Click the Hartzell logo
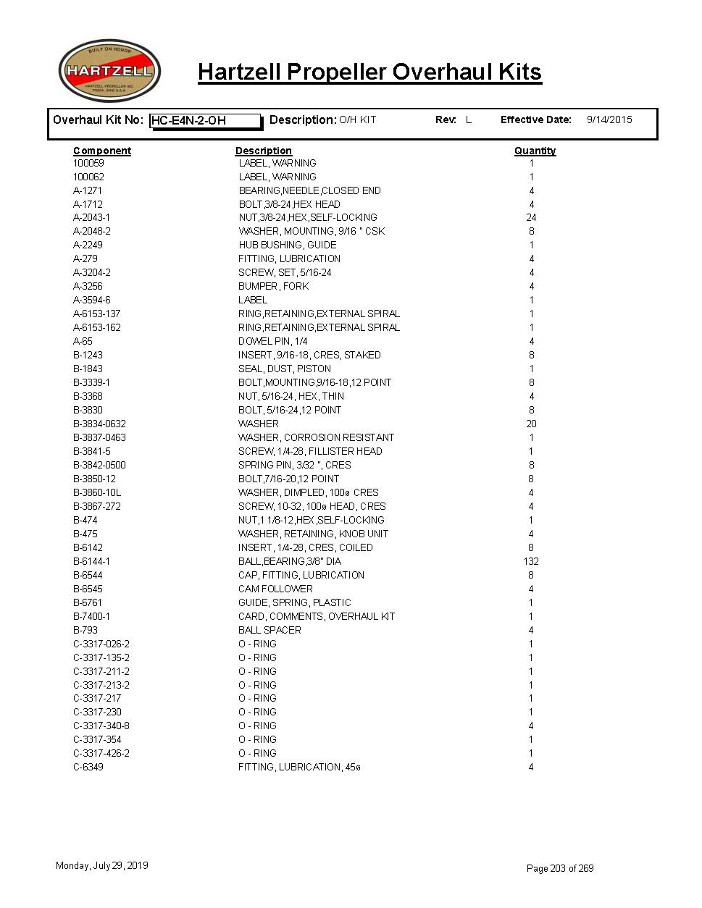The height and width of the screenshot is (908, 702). tap(109, 71)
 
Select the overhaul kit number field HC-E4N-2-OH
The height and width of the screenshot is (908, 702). tap(205, 121)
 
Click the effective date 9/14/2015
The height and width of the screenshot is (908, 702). tap(609, 119)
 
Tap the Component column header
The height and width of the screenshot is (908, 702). tap(102, 151)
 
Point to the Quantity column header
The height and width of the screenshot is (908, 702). tap(535, 151)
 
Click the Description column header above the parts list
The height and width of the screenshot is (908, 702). tap(263, 151)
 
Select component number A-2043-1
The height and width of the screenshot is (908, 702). tap(92, 217)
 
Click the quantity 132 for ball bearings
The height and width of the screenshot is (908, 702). tap(531, 561)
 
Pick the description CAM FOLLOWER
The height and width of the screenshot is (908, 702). tap(275, 589)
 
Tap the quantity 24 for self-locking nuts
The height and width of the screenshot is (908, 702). tap(531, 217)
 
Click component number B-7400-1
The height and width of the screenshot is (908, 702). tap(92, 616)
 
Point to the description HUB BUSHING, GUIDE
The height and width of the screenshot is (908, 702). tap(287, 245)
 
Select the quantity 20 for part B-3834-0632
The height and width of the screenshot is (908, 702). tap(531, 424)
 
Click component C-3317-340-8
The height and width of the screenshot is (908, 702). tap(101, 726)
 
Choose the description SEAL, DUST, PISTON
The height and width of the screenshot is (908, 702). tap(285, 369)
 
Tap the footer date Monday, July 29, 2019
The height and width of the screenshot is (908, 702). tap(102, 865)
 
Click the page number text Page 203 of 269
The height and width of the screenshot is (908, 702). tap(560, 868)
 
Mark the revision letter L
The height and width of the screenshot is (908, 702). tap(469, 119)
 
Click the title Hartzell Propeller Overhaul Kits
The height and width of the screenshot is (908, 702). tap(369, 72)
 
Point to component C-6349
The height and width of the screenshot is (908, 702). tap(88, 767)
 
